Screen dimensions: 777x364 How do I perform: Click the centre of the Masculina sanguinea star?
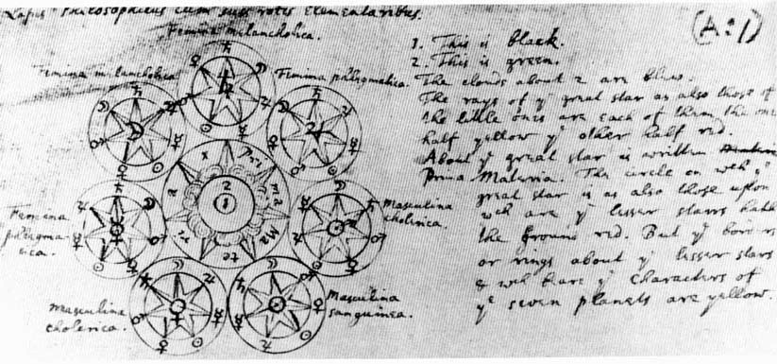click(275, 303)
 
